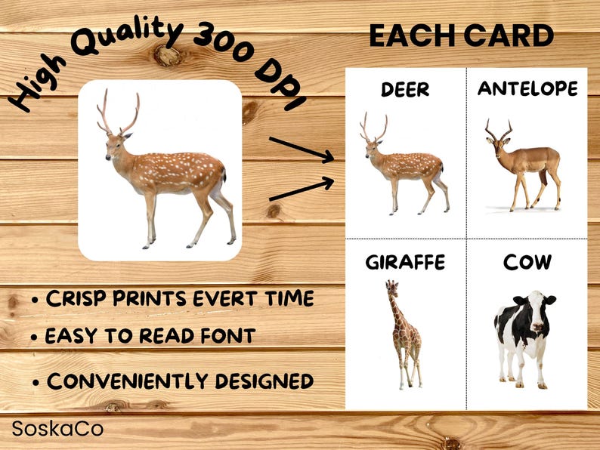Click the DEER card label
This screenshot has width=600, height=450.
coord(405,90)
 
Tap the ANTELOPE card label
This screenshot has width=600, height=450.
coord(527,89)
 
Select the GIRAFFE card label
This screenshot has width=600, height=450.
coord(405,263)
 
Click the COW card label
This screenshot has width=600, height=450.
coord(527,263)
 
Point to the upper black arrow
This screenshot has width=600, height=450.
coord(302,148)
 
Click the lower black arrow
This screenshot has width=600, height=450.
coord(302,189)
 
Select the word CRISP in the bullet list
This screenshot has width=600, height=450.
coord(74,298)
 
